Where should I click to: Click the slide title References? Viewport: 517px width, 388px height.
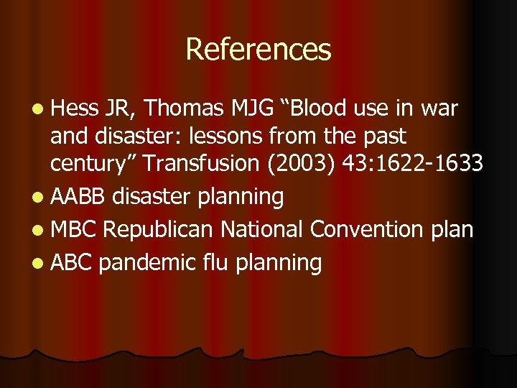coord(258,50)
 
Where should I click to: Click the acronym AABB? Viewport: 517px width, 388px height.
coord(77,195)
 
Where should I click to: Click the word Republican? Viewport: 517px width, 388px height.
coord(159,229)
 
